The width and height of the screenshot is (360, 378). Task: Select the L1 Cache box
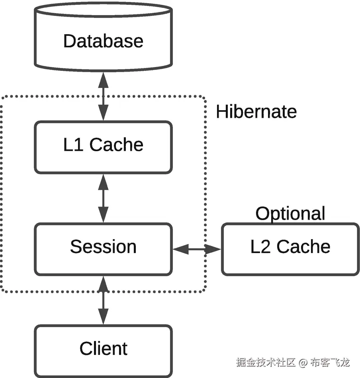103,147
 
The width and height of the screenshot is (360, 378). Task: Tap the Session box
103,249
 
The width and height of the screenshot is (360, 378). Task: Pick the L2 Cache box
290,249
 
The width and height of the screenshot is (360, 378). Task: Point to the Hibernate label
256,112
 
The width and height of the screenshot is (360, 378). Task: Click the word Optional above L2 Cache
290,214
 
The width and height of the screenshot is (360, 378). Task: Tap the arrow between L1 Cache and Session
103,198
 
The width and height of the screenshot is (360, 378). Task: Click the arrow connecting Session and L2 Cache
197,249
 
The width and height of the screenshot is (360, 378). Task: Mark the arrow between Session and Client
103,300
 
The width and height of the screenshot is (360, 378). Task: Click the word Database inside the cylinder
103,41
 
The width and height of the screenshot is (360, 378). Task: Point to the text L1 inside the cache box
73,144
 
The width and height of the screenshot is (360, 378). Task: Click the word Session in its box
103,247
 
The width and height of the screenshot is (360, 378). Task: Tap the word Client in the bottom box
103,349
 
